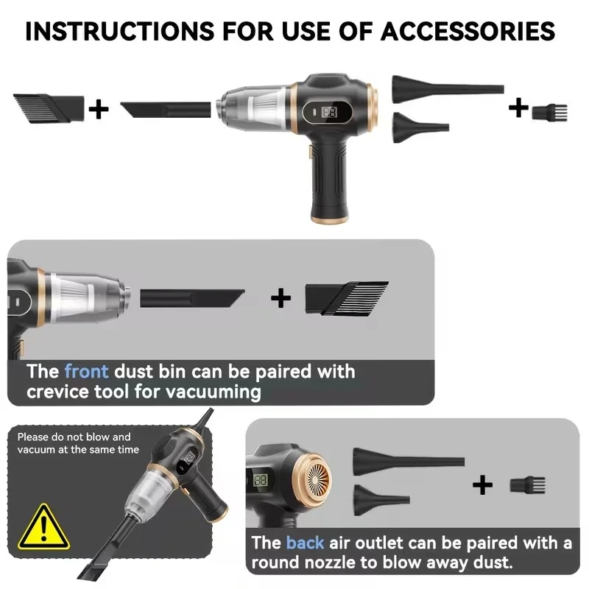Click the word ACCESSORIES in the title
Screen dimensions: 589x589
468,31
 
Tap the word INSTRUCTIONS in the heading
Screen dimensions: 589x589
120,31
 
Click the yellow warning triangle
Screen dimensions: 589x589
43,527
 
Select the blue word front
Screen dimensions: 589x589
86,372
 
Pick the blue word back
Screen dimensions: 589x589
305,543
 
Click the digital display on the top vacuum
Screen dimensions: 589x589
329,112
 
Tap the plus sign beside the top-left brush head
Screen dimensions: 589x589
99,109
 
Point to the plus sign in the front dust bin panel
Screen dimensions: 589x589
281,298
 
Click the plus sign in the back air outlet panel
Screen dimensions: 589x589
482,484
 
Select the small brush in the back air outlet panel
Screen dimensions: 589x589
527,485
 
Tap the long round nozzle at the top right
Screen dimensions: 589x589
448,89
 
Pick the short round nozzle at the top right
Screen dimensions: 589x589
420,127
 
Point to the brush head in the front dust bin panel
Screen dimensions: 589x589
347,299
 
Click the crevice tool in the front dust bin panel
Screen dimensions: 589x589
192,299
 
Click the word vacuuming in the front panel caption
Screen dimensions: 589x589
213,392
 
